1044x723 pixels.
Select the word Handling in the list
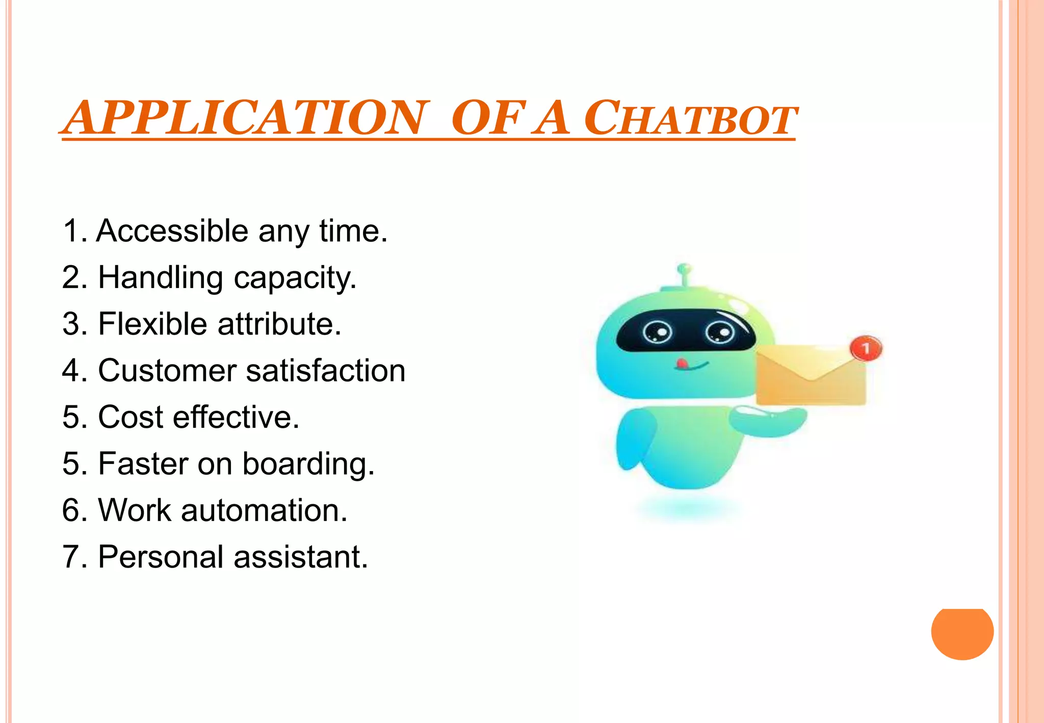160,278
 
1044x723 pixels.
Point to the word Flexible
152,324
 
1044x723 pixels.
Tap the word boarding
308,464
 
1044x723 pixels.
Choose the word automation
264,510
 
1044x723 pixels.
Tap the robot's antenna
684,275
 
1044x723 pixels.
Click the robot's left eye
657,333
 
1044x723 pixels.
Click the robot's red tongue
681,364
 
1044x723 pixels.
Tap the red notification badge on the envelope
865,349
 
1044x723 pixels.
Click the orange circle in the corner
962,633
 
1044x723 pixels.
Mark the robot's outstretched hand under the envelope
767,421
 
